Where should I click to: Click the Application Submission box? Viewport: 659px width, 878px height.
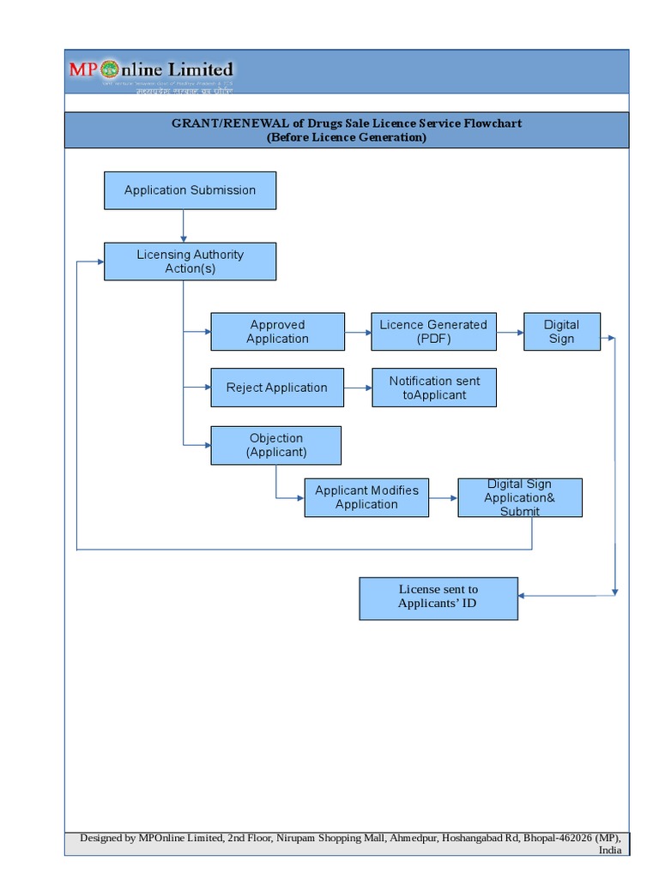tap(190, 190)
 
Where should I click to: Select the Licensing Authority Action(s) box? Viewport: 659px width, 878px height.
tap(190, 262)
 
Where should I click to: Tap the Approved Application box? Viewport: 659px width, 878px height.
tap(277, 332)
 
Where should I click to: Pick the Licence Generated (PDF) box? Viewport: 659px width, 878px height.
tap(433, 332)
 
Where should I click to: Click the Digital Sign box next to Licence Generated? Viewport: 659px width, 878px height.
tap(561, 332)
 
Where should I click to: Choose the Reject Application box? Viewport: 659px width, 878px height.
tap(277, 388)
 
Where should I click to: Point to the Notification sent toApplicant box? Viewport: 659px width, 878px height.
tap(434, 388)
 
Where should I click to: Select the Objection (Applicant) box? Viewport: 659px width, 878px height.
tap(275, 445)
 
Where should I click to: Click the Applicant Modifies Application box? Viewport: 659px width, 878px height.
tap(366, 497)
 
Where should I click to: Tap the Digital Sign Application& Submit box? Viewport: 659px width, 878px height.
tap(520, 497)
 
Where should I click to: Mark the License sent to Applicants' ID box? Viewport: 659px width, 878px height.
tap(438, 597)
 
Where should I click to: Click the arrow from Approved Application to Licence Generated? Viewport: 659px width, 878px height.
tap(358, 332)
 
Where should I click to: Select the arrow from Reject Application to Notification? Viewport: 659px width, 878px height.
tap(358, 388)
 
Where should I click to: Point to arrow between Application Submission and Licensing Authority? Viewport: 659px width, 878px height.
tap(184, 226)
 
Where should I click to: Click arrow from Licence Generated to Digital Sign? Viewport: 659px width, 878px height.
tap(510, 332)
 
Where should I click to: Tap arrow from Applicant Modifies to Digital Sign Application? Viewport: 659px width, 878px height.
tap(443, 497)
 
